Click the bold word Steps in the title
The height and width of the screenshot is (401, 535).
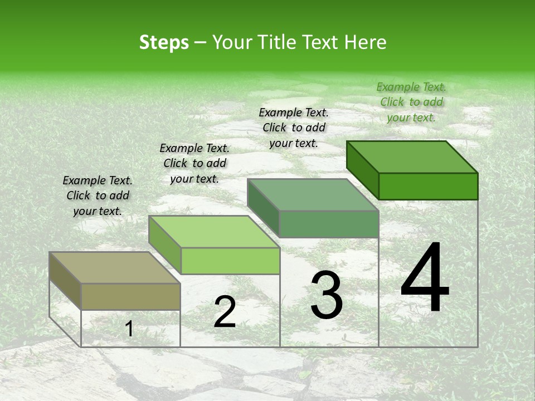pyautogui.click(x=164, y=42)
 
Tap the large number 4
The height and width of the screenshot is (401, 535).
pyautogui.click(x=425, y=278)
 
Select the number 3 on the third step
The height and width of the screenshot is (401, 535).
pyautogui.click(x=327, y=296)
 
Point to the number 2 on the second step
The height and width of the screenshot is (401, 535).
pyautogui.click(x=225, y=312)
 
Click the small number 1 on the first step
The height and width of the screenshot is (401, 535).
pyautogui.click(x=129, y=329)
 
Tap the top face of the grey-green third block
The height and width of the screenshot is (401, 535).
pyautogui.click(x=313, y=195)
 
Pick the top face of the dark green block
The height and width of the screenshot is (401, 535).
pyautogui.click(x=412, y=157)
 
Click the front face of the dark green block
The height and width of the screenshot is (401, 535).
pyautogui.click(x=428, y=186)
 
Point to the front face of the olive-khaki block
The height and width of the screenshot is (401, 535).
pyautogui.click(x=130, y=296)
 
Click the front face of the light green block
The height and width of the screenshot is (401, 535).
pyautogui.click(x=230, y=261)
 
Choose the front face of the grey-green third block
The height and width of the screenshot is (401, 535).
pyautogui.click(x=329, y=224)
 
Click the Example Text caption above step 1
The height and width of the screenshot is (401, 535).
pyautogui.click(x=98, y=195)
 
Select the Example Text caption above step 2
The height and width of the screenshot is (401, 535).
pyautogui.click(x=194, y=163)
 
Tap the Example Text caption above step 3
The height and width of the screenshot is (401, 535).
pyautogui.click(x=294, y=128)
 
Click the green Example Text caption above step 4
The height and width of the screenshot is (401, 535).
pyautogui.click(x=411, y=102)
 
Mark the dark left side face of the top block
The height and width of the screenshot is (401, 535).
pyautogui.click(x=362, y=167)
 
